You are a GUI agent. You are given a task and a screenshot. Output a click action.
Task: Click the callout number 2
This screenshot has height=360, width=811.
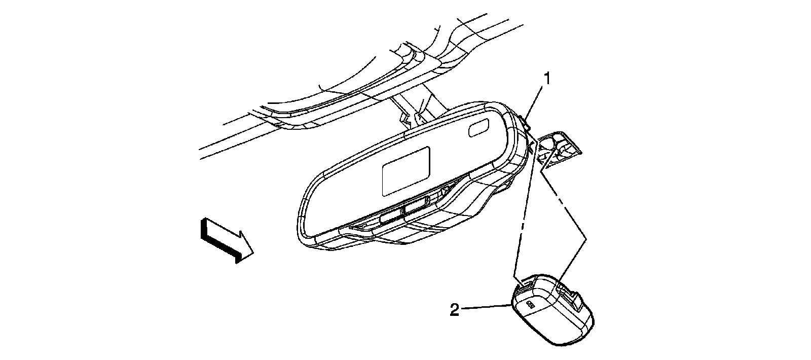click(x=455, y=310)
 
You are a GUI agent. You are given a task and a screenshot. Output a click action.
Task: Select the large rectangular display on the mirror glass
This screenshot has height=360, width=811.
click(x=406, y=171)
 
